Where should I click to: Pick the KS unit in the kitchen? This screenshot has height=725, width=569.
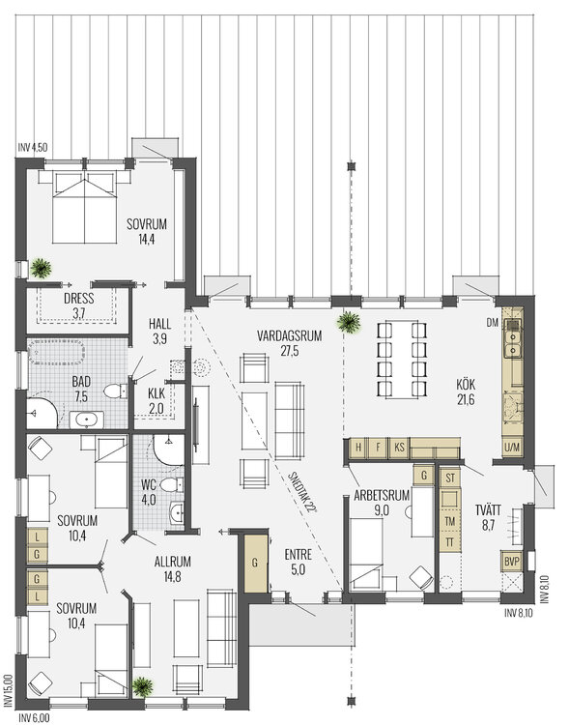(x=400, y=448)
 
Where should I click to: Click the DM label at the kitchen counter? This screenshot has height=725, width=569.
(x=492, y=323)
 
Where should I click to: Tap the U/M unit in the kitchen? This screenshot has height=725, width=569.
(x=511, y=448)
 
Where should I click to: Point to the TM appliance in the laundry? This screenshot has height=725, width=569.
(x=449, y=520)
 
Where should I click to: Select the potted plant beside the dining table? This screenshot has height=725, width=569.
(x=345, y=323)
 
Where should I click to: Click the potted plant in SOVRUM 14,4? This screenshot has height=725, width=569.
(x=40, y=265)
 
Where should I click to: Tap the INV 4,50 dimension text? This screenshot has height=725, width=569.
(x=33, y=148)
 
